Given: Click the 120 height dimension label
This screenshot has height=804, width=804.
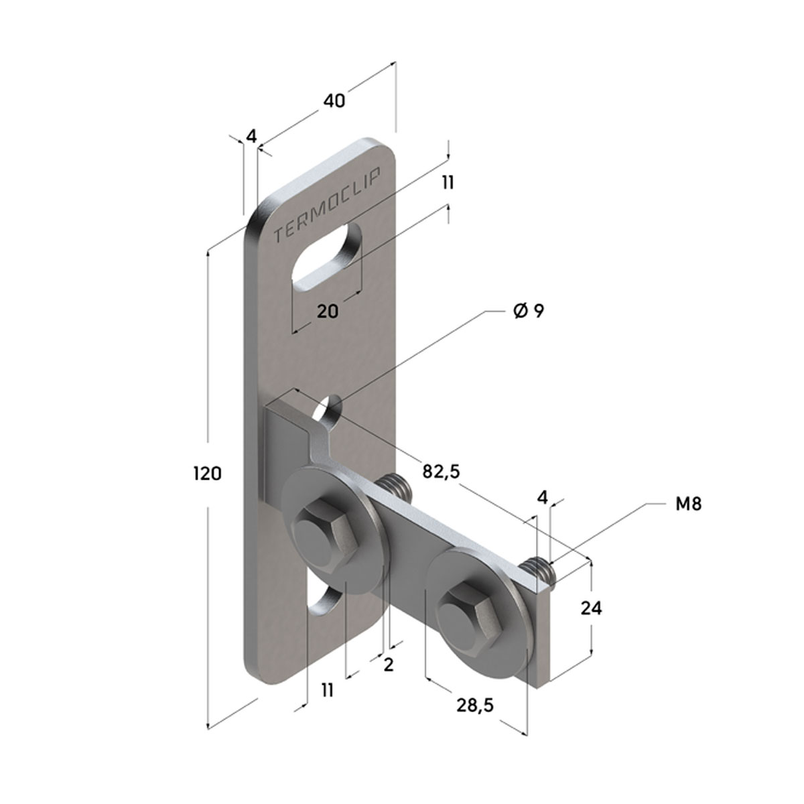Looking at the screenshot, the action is pos(207,474).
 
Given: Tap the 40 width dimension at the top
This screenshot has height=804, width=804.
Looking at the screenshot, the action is pos(334,101).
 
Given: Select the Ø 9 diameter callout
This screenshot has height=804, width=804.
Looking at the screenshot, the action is pos(529,311).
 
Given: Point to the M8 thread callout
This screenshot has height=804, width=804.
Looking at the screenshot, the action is pos(689,505).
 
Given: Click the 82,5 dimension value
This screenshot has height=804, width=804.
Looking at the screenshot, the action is pos(441,471).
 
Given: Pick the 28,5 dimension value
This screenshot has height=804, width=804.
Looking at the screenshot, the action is pos(475,705).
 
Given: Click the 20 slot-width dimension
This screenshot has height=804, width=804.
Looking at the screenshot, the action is pos(328,311).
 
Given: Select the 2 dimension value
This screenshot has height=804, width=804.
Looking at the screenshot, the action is pos(389,665).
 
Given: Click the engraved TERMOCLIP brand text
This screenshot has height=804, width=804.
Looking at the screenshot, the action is pos(327,204).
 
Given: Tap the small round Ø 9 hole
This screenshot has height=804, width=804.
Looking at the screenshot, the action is pos(329,409).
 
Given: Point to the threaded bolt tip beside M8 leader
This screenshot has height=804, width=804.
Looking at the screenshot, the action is pos(539,570).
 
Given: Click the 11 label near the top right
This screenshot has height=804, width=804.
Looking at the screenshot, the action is pos(448,182).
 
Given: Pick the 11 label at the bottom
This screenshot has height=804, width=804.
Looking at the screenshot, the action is pos(328,690).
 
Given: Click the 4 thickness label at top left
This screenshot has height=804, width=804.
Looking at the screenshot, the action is pos(251,136).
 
